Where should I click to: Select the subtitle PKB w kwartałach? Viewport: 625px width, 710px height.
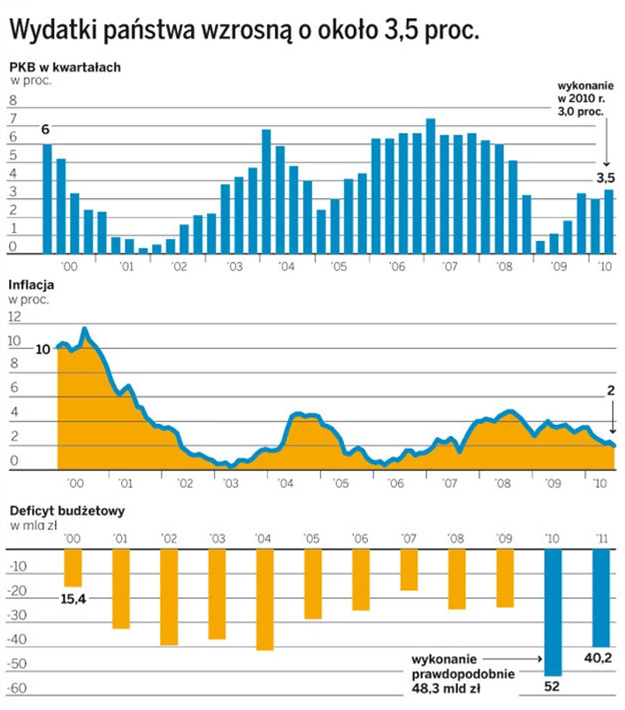click(64, 67)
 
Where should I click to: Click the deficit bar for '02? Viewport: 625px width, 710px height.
click(169, 597)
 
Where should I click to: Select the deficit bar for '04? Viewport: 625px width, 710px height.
click(265, 599)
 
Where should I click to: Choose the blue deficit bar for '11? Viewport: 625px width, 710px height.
click(601, 597)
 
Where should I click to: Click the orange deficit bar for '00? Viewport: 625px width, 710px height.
click(73, 568)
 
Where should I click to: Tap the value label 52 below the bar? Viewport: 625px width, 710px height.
click(553, 687)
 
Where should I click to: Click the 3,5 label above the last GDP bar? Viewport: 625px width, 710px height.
click(606, 178)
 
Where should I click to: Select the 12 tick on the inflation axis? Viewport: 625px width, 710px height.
click(14, 316)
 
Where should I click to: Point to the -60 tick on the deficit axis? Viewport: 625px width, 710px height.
click(17, 689)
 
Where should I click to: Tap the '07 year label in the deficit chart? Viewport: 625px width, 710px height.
click(409, 538)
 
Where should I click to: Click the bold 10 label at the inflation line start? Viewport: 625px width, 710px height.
click(43, 349)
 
